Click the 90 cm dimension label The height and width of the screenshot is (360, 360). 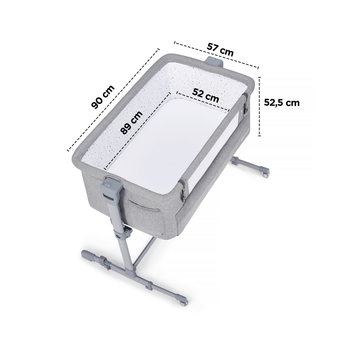pos(103,97)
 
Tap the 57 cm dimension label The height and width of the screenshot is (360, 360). pos(220,49)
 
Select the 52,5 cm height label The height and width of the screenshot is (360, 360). pos(282,103)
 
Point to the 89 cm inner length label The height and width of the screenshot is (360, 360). pos(131,122)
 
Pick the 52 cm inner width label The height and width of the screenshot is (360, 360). pos(206,95)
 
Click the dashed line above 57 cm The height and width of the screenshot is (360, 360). pos(216,54)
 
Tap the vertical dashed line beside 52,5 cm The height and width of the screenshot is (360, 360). pos(260,106)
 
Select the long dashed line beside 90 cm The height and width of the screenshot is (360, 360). pos(113,99)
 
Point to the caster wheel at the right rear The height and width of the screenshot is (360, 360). pos(266,174)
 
